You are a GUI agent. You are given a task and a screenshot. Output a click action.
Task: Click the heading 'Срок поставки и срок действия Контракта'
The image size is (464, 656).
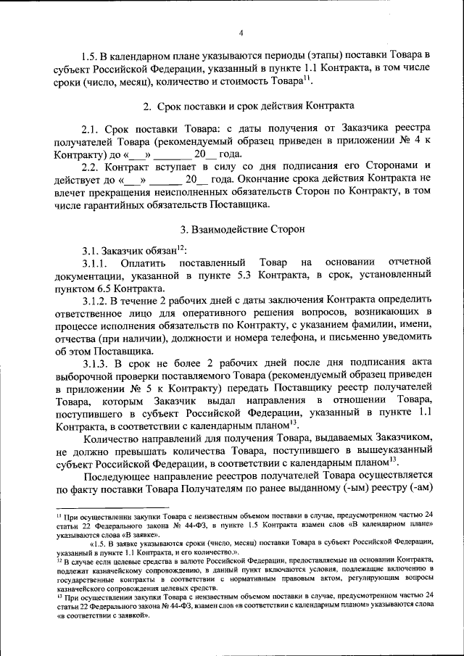coord(250,106)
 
